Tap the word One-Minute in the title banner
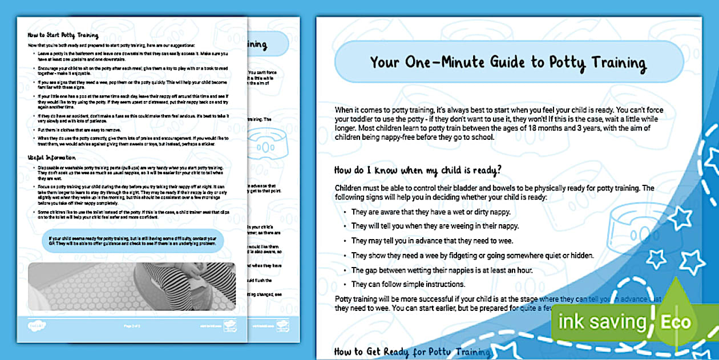click(x=450, y=63)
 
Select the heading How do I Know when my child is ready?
click(x=418, y=169)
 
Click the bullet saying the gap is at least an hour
click(x=442, y=270)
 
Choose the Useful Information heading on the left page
click(x=52, y=156)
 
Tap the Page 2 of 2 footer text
click(x=132, y=325)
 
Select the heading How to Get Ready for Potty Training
click(x=412, y=352)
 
